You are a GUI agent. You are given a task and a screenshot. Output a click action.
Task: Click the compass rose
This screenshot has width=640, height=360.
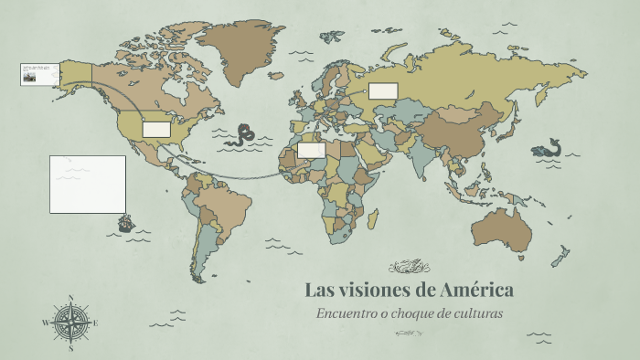pos(69,323)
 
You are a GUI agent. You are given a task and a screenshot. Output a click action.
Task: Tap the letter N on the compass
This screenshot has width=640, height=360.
pos(70,297)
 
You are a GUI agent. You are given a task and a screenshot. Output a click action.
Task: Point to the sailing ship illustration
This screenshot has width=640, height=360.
pos(125,222)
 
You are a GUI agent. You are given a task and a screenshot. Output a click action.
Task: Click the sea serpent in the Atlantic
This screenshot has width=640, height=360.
pos(243,135)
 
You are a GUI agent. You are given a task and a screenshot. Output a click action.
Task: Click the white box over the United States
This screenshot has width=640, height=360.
pos(156,130)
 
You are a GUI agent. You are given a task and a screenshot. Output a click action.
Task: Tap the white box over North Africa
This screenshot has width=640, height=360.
pos(311,150)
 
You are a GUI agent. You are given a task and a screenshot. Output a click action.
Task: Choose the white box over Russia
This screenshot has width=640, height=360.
pos(382,90)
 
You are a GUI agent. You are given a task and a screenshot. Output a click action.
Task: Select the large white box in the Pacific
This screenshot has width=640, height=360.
pos(88,184)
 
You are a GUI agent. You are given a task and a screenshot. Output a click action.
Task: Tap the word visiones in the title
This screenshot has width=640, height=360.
pos(376,291)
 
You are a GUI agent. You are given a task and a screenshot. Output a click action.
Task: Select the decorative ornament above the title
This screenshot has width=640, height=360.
pos(409,267)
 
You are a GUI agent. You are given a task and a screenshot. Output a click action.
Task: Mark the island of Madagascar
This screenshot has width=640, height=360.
pos(373,217)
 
